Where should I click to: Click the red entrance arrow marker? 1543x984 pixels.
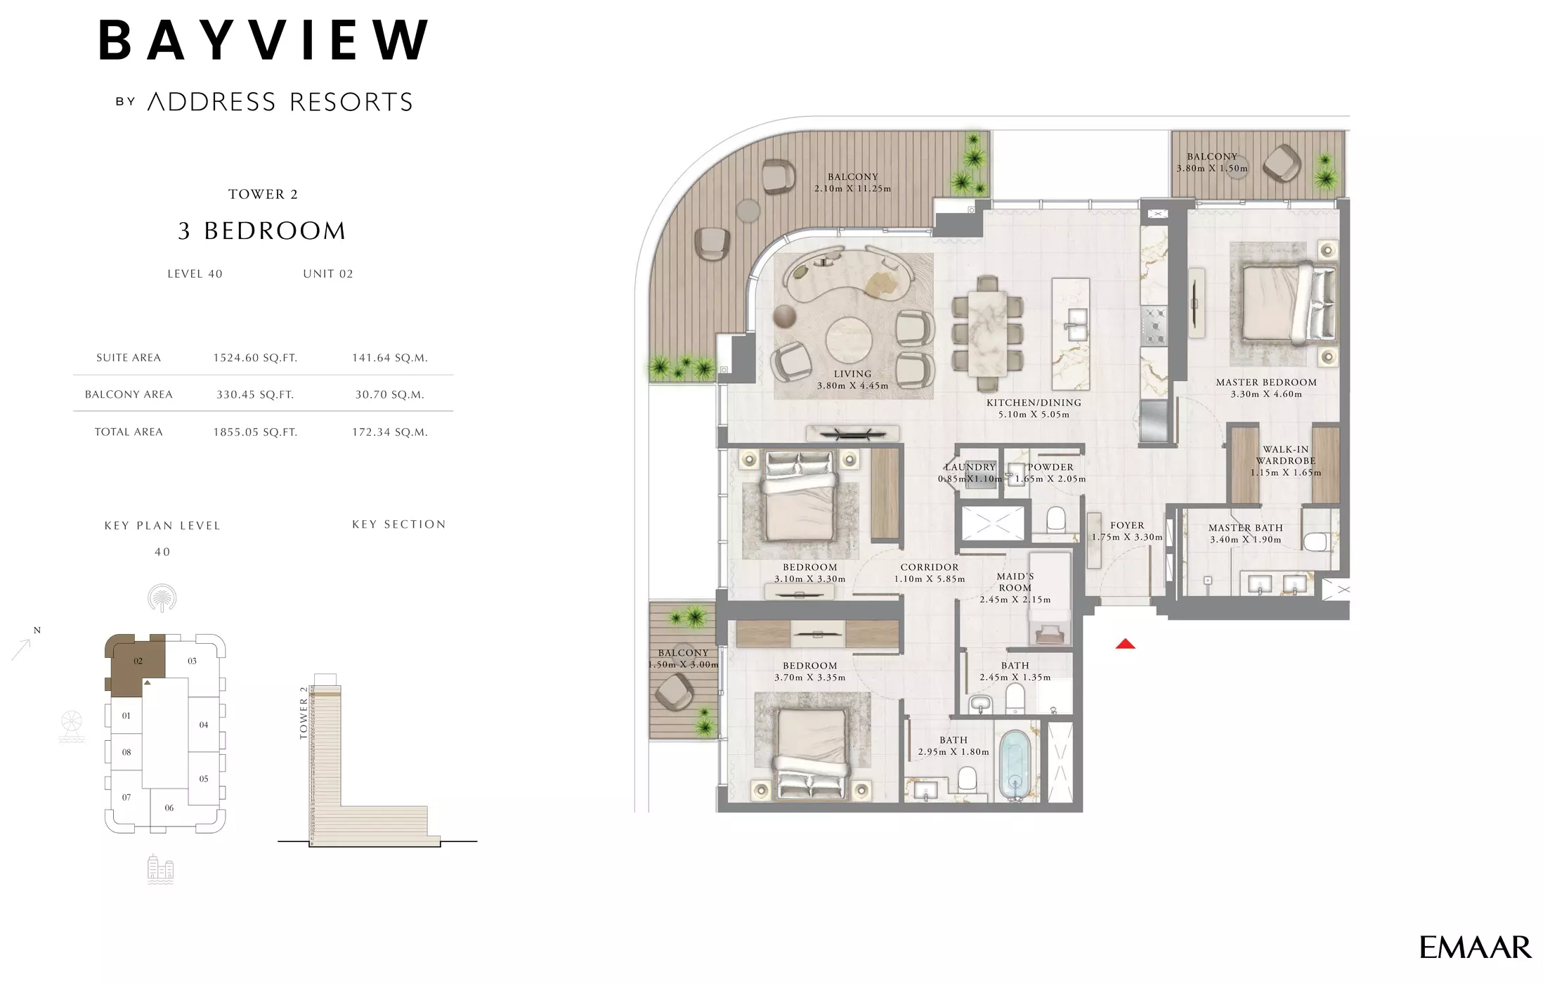pyautogui.click(x=1125, y=644)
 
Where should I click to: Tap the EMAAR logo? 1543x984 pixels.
pyautogui.click(x=1475, y=948)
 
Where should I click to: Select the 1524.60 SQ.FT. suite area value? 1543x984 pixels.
pyautogui.click(x=255, y=358)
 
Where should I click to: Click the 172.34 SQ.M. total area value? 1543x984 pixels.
pyautogui.click(x=389, y=432)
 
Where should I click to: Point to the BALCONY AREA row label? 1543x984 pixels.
pyautogui.click(x=129, y=394)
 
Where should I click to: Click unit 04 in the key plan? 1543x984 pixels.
pyautogui.click(x=203, y=725)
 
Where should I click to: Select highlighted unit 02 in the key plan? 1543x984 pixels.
pyautogui.click(x=138, y=661)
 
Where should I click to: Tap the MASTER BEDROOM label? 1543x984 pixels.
pyautogui.click(x=1266, y=382)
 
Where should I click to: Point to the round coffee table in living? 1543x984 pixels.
pyautogui.click(x=848, y=340)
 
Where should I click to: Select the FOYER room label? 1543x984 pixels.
pyautogui.click(x=1127, y=525)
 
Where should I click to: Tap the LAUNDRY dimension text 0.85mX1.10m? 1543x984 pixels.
pyautogui.click(x=970, y=479)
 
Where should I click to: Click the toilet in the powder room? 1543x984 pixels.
pyautogui.click(x=1055, y=519)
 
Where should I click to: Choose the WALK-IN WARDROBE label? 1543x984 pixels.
pyautogui.click(x=1285, y=455)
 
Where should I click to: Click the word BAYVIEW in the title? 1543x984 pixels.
pyautogui.click(x=263, y=40)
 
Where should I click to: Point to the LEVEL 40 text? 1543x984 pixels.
pyautogui.click(x=195, y=274)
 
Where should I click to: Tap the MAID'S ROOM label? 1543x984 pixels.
pyautogui.click(x=1015, y=582)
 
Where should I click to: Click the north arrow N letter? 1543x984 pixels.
pyautogui.click(x=37, y=630)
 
